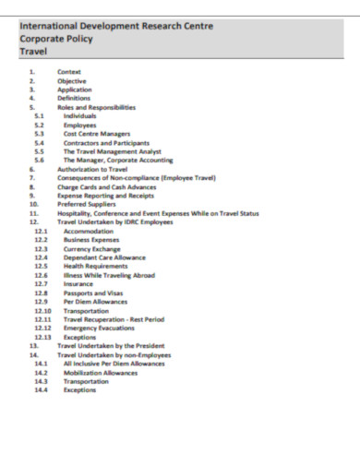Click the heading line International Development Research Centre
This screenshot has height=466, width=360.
pyautogui.click(x=115, y=27)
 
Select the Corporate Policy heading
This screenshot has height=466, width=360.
pyautogui.click(x=58, y=40)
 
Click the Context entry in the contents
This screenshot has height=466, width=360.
pyautogui.click(x=69, y=72)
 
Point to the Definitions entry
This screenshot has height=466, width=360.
pyautogui.click(x=74, y=97)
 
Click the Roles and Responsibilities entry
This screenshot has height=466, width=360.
pyautogui.click(x=96, y=107)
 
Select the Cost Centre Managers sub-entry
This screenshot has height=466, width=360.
pyautogui.click(x=97, y=134)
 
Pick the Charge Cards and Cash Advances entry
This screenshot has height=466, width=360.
pyautogui.click(x=107, y=187)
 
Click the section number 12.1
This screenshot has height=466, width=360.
pyautogui.click(x=41, y=232)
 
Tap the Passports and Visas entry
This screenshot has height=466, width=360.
pyautogui.click(x=93, y=293)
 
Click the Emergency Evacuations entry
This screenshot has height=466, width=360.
pyautogui.click(x=100, y=328)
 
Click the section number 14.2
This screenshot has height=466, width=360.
pyautogui.click(x=41, y=372)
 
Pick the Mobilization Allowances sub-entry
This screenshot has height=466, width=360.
pyautogui.click(x=101, y=372)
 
